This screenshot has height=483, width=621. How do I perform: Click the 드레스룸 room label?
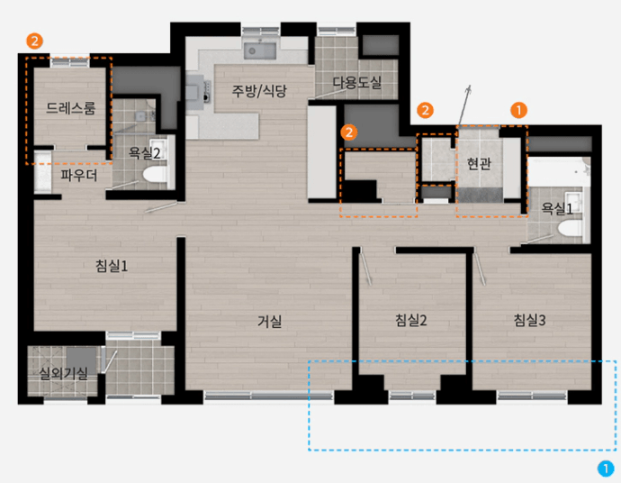(x=71, y=108)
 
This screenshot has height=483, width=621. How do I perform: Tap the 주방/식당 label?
(x=259, y=91)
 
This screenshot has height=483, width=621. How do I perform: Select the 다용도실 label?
(x=356, y=83)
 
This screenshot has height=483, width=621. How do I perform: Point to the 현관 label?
(x=479, y=163)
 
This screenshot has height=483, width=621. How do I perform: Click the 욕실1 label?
(x=557, y=208)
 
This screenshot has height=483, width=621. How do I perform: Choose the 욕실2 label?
(x=144, y=153)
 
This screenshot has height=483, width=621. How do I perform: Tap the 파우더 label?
(x=79, y=176)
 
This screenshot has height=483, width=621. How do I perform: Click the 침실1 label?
(x=112, y=266)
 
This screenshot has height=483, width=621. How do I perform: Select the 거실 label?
(x=269, y=321)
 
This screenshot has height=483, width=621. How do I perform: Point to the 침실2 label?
(x=411, y=320)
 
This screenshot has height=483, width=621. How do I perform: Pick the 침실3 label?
(x=529, y=320)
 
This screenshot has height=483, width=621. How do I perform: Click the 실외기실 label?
(x=63, y=373)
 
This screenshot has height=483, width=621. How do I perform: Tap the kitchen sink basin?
(x=260, y=50)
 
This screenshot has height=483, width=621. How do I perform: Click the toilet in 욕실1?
(x=570, y=229)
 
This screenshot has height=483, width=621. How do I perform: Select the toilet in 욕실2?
(x=155, y=175)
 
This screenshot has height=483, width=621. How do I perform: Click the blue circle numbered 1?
(x=606, y=469)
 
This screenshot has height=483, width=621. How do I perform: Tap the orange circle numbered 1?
(x=518, y=110)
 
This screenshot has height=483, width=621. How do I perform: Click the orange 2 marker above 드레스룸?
(x=34, y=41)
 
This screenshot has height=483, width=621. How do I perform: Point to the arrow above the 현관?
(x=464, y=105)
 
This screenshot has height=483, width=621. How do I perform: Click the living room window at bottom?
(x=268, y=396)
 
